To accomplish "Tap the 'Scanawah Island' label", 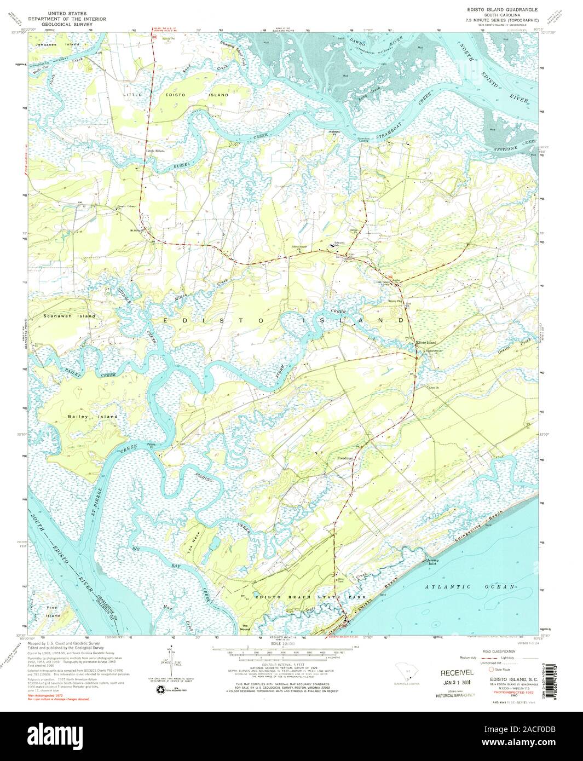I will [x=69, y=316].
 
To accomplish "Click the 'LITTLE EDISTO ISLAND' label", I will [x=176, y=95].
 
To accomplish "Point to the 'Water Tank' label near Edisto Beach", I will [x=340, y=579].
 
